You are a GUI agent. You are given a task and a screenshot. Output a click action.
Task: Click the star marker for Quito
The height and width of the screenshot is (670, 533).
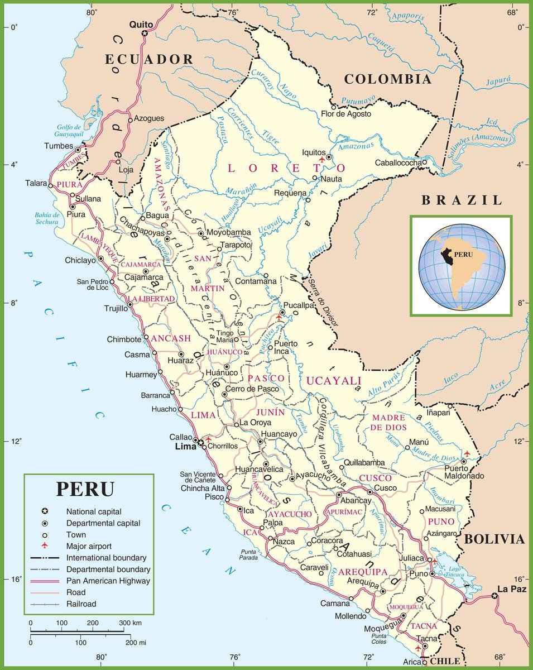click(x=145, y=34)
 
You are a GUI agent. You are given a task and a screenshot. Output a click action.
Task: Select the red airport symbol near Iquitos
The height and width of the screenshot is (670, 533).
click(x=320, y=160)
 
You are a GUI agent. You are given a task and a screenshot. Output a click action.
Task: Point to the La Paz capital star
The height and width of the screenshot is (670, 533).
click(x=494, y=597)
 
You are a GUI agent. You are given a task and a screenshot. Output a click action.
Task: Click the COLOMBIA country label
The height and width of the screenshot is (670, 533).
click(x=387, y=79)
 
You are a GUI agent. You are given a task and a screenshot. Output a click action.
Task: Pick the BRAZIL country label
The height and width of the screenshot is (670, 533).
click(x=462, y=200)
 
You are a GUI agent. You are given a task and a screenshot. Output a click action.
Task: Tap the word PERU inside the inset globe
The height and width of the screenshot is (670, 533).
click(x=463, y=253)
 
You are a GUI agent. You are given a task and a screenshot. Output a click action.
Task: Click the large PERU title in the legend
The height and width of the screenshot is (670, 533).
click(x=85, y=489)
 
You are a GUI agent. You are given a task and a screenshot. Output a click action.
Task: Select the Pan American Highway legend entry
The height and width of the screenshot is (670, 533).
click(x=108, y=581)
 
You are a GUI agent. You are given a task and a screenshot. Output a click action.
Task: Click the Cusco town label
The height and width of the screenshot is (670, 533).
click(x=385, y=488)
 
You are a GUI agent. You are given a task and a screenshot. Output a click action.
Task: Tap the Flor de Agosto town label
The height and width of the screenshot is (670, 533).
click(x=346, y=114)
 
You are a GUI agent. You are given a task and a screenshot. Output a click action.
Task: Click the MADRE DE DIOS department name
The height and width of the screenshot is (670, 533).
click(x=388, y=423)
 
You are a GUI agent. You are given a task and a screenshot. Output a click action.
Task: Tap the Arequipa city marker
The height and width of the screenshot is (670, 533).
click(x=383, y=591)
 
